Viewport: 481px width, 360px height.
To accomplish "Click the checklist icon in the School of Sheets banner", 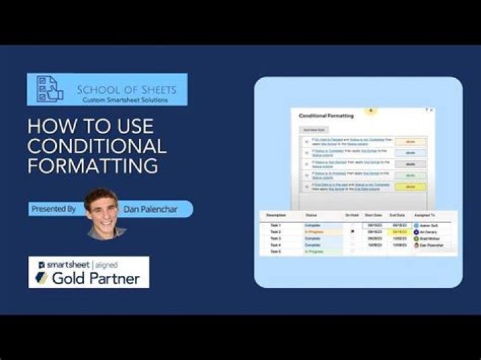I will coord(48,89).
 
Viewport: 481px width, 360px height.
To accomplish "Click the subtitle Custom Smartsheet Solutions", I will coord(125,100).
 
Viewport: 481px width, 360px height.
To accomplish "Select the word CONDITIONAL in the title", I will coord(97,146).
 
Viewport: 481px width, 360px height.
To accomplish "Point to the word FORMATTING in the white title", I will coord(93,166).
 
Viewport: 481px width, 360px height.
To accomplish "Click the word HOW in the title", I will coord(49,126).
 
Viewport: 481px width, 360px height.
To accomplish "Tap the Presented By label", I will coord(53,209).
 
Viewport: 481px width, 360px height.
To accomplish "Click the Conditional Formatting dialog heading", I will coord(326,116).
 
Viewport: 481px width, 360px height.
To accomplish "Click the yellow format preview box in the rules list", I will coord(410,187).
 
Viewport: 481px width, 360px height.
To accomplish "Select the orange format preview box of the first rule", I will coord(410,142).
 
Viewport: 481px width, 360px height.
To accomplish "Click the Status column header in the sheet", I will coord(311,215).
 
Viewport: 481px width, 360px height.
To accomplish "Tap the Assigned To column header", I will coord(424,215).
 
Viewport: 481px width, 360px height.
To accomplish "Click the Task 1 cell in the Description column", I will coord(275,226).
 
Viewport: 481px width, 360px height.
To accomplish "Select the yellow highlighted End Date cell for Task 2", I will coord(399,232).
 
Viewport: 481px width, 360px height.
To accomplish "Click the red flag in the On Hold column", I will coord(352,232).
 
